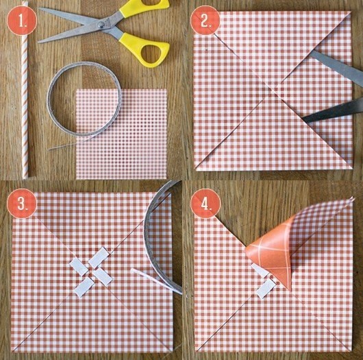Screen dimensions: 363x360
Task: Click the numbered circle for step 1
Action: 22,21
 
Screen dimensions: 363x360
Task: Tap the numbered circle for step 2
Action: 205,21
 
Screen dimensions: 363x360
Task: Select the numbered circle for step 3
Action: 22,204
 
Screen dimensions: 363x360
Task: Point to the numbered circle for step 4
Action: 205,204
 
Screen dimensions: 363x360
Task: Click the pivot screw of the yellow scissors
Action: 101,25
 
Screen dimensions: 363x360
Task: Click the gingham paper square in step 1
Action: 121,134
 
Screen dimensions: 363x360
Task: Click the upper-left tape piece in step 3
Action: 79,267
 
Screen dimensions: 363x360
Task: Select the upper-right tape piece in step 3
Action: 99,257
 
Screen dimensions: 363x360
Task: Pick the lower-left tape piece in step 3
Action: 84,287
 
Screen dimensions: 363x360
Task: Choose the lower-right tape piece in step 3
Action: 103,276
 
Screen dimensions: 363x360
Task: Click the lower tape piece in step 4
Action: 266,289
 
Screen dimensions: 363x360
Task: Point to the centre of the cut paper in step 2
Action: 273,90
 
